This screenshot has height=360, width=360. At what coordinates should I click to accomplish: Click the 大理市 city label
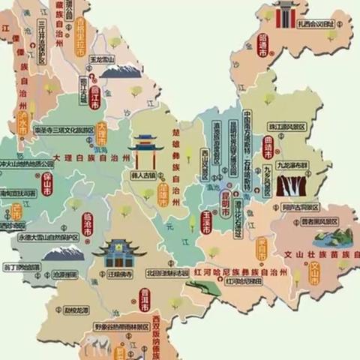[103, 136]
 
